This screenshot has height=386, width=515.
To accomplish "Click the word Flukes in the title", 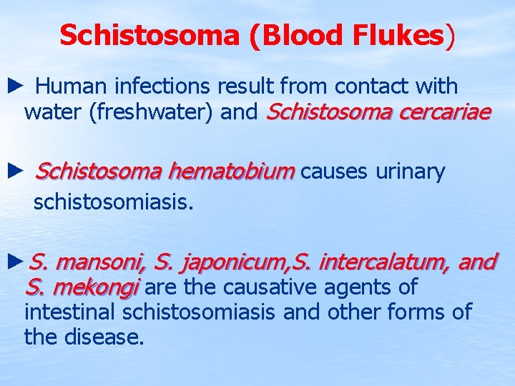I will point(403,35).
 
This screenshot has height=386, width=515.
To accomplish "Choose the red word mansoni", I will point(100,262).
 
